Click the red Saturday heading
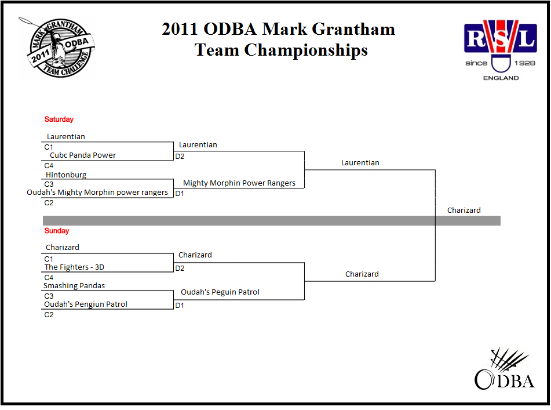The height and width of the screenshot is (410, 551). [x=59, y=119]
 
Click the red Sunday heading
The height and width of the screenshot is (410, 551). [x=57, y=231]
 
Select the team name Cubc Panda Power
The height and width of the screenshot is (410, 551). [x=83, y=155]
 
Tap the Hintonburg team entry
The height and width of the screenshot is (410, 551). [x=66, y=175]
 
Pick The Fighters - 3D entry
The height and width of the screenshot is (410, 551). [x=74, y=267]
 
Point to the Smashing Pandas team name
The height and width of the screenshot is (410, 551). [x=74, y=285]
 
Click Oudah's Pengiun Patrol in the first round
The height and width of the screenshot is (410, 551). [x=86, y=304]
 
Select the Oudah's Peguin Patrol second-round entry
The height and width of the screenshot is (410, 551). [x=220, y=292]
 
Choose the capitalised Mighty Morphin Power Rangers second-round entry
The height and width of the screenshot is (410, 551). [x=239, y=183]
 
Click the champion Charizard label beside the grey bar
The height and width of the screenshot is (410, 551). [x=464, y=211]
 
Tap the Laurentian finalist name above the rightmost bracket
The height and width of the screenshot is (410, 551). [x=360, y=163]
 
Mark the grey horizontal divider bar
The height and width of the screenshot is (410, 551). [x=272, y=220]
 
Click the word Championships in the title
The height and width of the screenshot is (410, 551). [x=306, y=50]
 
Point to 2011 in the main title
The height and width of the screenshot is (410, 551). [x=180, y=29]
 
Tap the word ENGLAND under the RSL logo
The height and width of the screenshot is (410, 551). [x=501, y=78]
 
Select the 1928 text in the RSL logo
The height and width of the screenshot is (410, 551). [x=525, y=63]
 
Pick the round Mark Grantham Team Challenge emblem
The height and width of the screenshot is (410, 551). [x=58, y=48]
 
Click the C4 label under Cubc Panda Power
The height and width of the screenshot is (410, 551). [x=49, y=166]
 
